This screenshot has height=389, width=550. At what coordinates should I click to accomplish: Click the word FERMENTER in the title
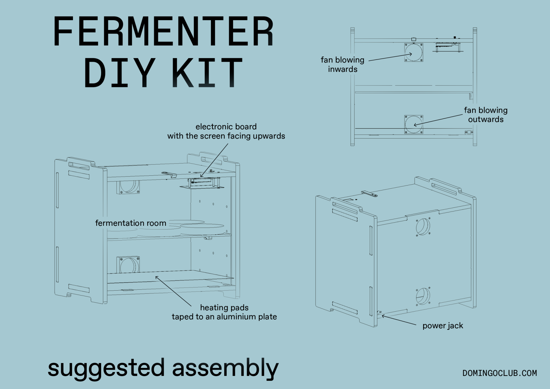[x=163, y=32]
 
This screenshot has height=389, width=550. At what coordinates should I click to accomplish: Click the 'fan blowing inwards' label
[x=343, y=64]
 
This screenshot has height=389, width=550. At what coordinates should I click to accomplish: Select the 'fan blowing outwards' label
[x=486, y=115]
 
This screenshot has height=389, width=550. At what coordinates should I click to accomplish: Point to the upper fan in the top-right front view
[x=414, y=52]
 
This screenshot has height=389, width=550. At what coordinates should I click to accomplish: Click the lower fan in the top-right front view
[x=414, y=124]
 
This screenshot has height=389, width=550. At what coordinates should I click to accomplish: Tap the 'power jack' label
[x=442, y=326]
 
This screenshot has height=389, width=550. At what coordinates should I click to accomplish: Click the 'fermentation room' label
[x=130, y=223]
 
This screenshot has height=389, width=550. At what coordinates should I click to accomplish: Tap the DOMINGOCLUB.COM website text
[x=499, y=373]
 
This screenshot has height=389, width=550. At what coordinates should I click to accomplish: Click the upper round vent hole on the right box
[x=423, y=227]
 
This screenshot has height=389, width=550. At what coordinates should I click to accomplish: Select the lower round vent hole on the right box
[x=423, y=296]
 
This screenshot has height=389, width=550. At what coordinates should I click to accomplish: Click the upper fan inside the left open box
[x=128, y=187]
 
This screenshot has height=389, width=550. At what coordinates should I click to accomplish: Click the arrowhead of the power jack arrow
[x=383, y=316]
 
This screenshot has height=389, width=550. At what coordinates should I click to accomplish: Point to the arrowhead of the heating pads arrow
[x=156, y=277]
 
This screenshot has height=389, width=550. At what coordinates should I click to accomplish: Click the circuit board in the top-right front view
[x=447, y=46]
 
